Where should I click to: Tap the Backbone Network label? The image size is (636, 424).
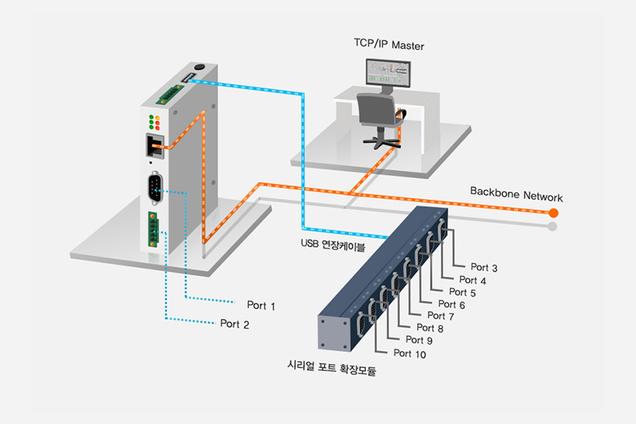click(x=516, y=195)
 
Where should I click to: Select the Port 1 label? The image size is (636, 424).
click(x=261, y=306)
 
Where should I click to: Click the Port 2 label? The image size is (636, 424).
click(x=235, y=324)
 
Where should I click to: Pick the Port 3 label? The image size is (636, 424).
click(x=484, y=267)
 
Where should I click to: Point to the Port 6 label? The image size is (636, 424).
click(x=452, y=304)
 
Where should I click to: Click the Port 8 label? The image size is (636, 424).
click(x=430, y=328)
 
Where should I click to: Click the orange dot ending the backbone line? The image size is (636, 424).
click(x=553, y=213)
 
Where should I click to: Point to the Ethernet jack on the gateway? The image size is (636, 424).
click(x=153, y=144)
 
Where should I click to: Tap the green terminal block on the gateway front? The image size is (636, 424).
click(x=154, y=227)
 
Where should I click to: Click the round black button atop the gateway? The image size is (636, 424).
click(x=199, y=67)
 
